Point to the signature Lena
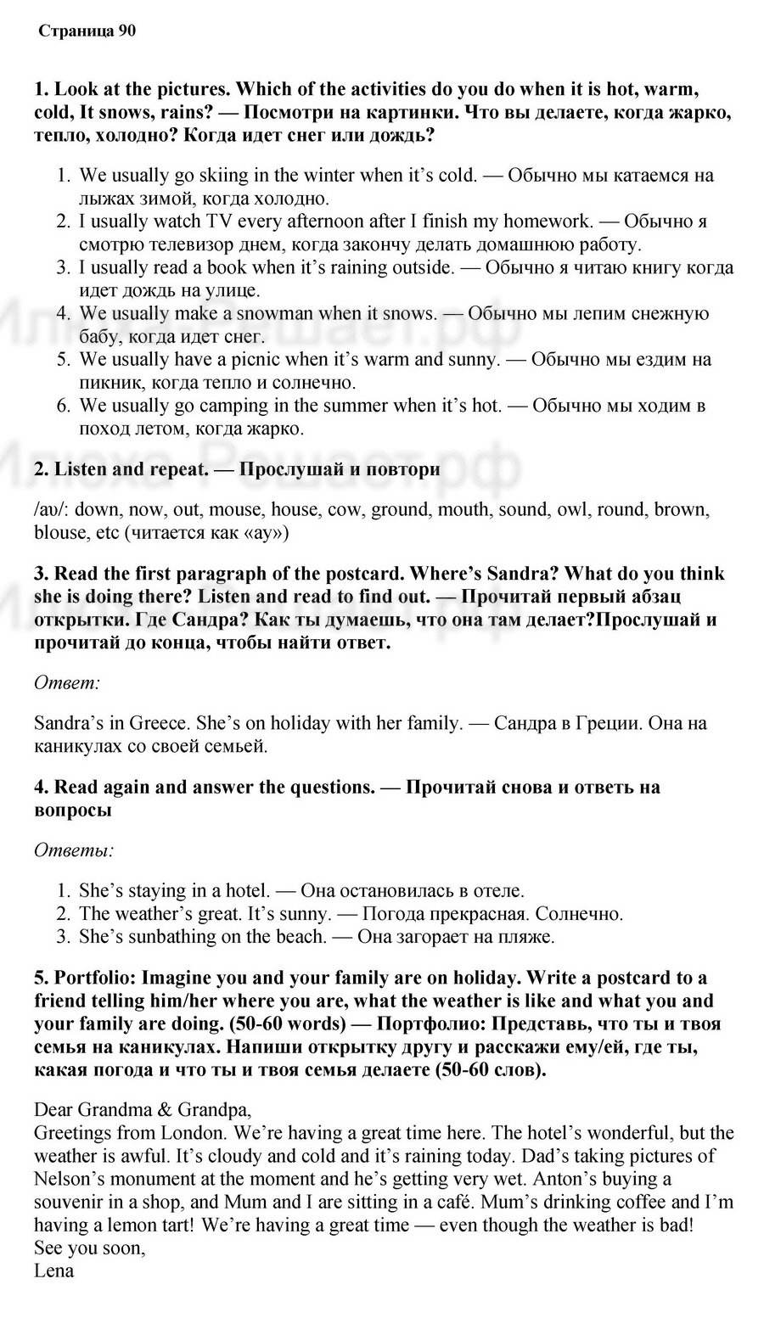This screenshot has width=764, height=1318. pyautogui.click(x=53, y=1270)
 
